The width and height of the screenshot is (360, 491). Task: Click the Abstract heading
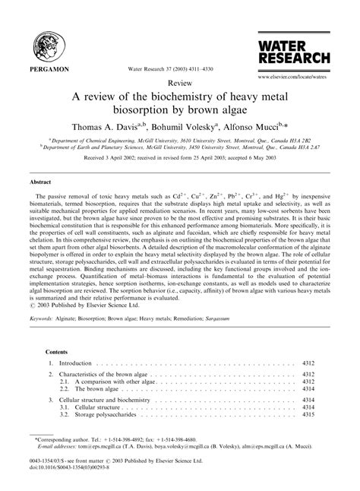[x=41, y=183]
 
